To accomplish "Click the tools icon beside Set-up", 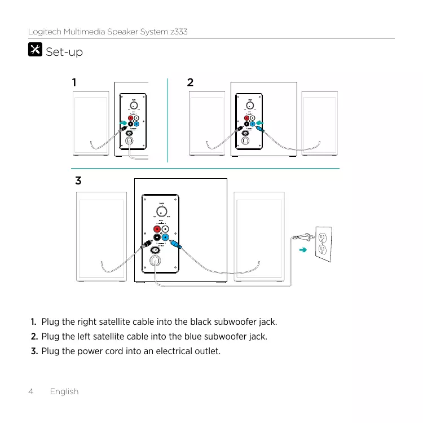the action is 34,50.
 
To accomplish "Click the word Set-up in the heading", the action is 64,52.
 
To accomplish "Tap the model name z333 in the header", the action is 178,32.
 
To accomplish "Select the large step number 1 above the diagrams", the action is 73,82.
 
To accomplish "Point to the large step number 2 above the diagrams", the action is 190,82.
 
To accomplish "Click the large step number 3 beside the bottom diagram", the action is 78,182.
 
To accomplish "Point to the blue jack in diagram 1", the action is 136,124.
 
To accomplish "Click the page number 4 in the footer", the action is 31,391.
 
